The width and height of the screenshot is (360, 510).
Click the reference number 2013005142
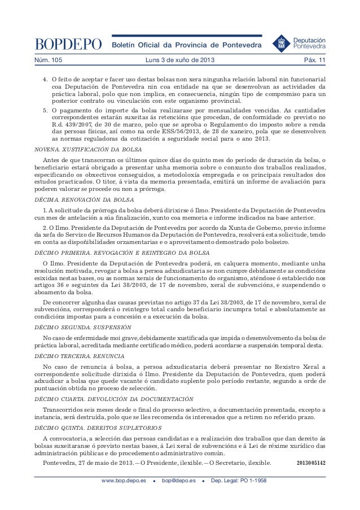(311, 463)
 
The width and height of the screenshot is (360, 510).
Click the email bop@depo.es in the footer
(178, 481)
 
